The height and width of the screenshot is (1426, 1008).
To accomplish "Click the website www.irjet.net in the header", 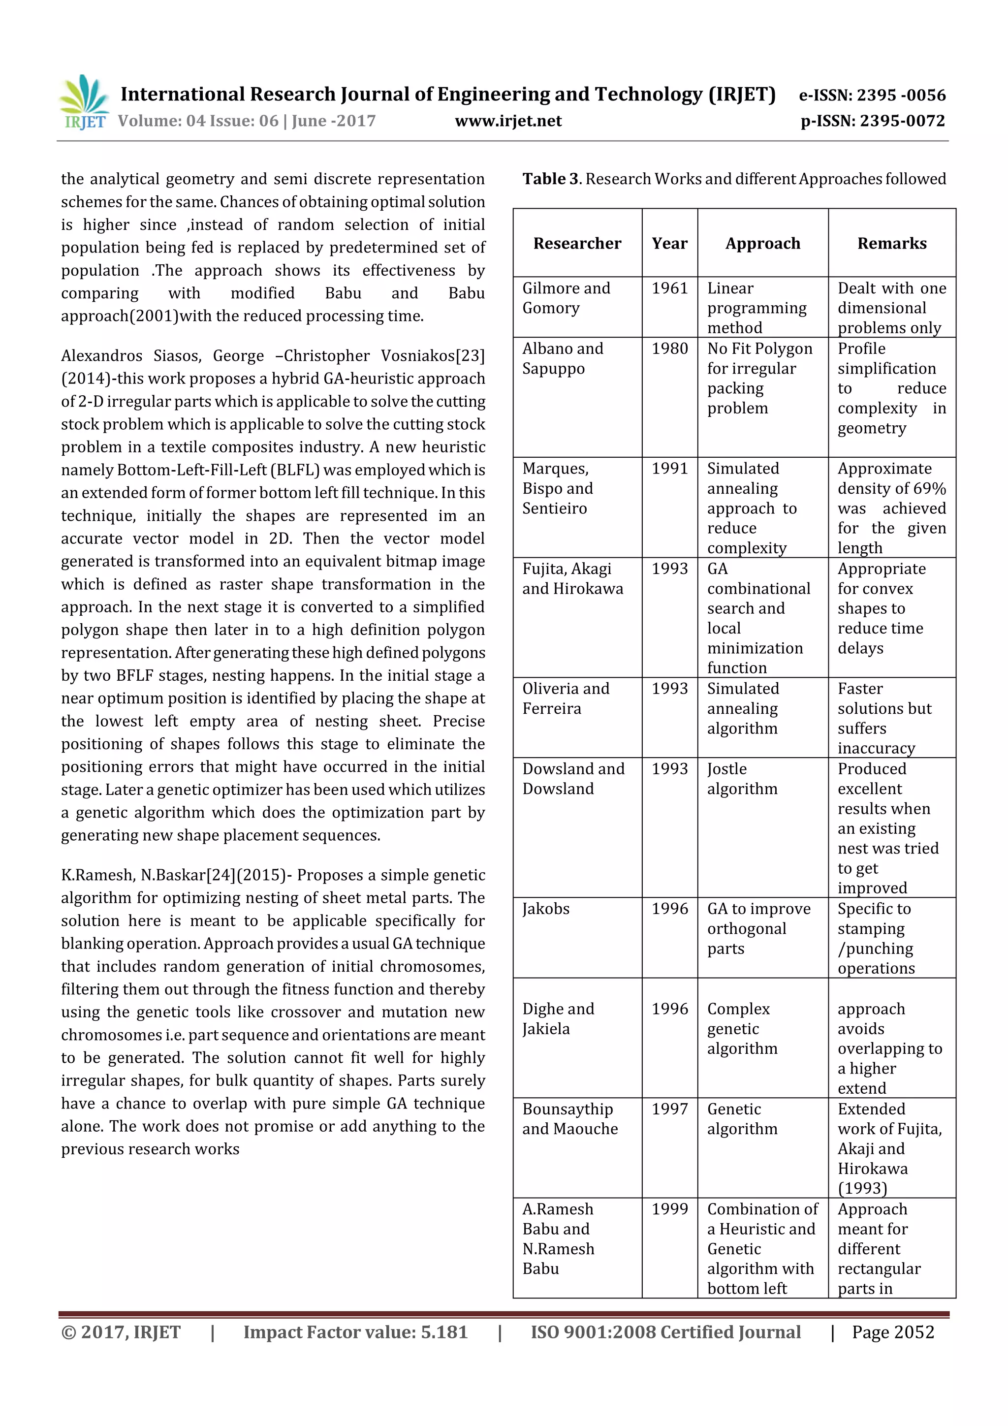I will coord(507,121).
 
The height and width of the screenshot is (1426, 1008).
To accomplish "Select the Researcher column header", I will coord(577,244).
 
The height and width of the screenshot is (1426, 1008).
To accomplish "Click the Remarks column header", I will coord(891,244).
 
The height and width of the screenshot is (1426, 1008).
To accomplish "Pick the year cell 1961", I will coord(669,288).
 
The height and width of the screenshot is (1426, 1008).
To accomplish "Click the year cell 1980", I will coord(669,349).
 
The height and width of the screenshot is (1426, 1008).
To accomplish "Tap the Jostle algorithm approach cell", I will coord(742,779).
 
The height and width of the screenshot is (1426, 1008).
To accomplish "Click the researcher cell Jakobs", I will coord(545,909).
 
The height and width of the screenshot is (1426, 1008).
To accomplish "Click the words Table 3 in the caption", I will coord(550,179).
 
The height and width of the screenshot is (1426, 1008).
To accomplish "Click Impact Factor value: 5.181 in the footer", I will coord(355,1331).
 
